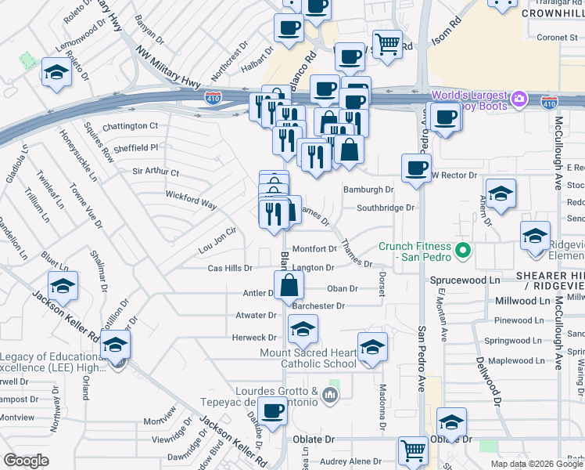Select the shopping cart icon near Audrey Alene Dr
point(413,450)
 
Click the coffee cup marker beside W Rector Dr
point(416,167)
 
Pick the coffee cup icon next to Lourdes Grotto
point(273,410)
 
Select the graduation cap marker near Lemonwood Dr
point(57,73)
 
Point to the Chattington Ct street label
point(130,125)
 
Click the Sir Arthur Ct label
point(156,172)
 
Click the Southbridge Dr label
point(385,208)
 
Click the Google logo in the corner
point(27,461)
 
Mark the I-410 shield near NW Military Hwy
point(212,98)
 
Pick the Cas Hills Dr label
point(230,268)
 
